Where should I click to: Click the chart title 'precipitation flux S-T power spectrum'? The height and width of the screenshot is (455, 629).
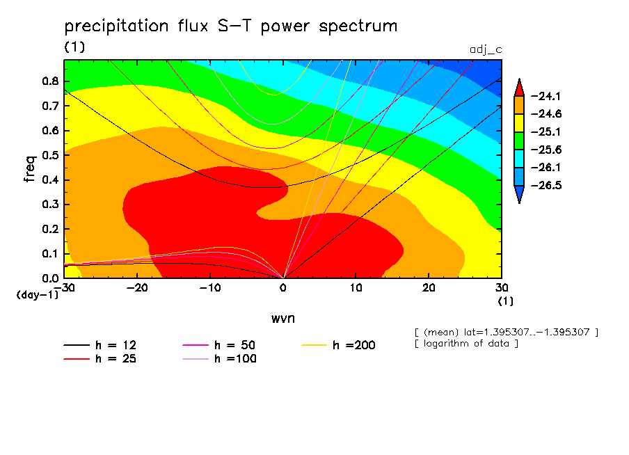point(231,27)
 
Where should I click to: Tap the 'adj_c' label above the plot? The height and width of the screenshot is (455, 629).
point(486,50)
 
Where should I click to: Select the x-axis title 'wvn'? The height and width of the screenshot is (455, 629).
point(282,317)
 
